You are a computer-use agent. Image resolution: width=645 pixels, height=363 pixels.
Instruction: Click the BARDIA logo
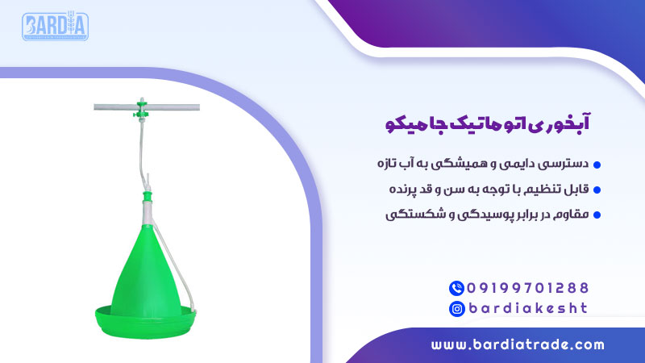(55, 27)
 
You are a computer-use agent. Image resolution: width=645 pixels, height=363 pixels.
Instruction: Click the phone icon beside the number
(457, 287)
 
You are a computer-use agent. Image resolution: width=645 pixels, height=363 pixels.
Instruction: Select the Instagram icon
(457, 307)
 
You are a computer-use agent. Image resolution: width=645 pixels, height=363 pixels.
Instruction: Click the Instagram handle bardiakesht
(529, 307)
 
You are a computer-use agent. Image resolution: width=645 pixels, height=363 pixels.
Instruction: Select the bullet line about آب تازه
(484, 165)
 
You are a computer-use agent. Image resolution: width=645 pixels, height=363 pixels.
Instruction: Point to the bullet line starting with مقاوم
(489, 215)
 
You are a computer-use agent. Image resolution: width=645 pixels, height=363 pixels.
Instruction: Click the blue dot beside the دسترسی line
(597, 165)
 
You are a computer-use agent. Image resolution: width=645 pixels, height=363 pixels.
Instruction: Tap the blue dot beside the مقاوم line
(597, 215)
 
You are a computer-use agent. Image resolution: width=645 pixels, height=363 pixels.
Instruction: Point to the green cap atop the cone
(148, 196)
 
